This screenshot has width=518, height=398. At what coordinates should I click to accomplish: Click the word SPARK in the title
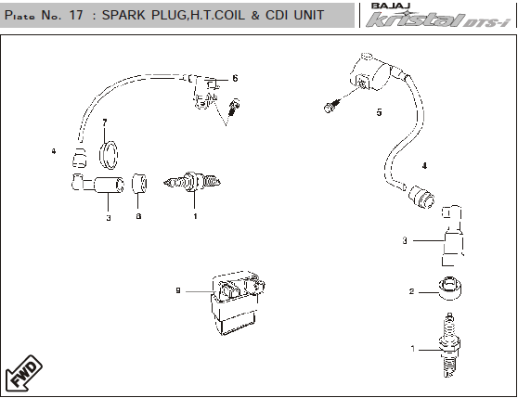point(123,15)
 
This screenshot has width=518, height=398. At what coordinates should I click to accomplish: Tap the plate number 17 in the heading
point(76,15)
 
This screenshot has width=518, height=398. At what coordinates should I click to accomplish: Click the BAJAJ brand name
point(391,6)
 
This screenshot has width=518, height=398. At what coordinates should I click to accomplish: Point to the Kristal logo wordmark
point(438,19)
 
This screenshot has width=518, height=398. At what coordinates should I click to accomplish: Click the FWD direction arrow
point(24,373)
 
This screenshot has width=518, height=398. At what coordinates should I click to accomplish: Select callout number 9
point(178,290)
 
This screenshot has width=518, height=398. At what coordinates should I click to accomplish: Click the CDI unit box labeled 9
point(238,302)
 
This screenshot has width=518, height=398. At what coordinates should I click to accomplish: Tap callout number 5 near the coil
point(380,112)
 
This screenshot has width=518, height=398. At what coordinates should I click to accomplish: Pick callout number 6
point(235,78)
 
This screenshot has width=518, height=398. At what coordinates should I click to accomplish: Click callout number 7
point(105,122)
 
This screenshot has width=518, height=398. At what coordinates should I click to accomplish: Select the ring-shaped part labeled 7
point(109,155)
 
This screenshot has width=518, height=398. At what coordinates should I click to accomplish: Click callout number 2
point(411,291)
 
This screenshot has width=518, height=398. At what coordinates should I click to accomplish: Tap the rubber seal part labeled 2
point(450,289)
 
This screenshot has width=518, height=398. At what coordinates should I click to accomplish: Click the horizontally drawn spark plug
point(192,182)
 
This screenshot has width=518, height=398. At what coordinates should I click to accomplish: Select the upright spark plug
point(449,345)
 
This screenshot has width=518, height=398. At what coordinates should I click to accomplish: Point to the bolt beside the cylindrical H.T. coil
point(332,105)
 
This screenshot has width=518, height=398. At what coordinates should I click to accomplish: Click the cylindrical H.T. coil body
point(371,72)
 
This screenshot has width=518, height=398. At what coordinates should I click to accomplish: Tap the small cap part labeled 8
point(139,184)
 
